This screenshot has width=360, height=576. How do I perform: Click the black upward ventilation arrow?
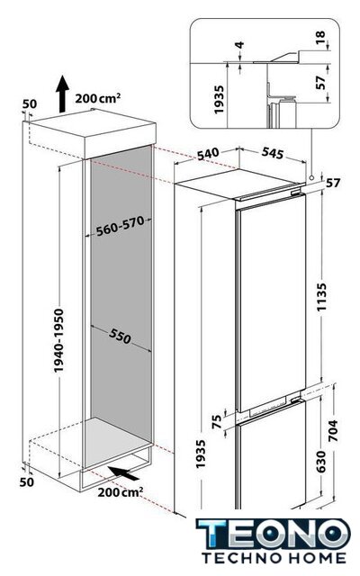(62, 94)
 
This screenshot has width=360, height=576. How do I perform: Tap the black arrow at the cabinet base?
(124, 472)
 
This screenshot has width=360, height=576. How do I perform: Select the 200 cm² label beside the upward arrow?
(98, 98)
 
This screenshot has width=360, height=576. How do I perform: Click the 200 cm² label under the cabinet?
(121, 492)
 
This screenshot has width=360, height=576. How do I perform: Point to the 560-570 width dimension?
(120, 226)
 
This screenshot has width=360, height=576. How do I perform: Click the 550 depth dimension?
(120, 336)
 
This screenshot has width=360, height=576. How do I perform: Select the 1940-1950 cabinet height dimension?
(58, 340)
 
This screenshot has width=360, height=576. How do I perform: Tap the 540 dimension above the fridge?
(208, 154)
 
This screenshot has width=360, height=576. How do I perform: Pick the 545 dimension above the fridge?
(273, 153)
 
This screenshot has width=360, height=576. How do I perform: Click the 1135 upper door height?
(322, 297)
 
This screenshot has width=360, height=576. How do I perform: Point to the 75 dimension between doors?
(218, 421)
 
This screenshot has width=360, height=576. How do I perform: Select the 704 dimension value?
(332, 430)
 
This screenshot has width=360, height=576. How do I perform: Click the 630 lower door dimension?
(320, 462)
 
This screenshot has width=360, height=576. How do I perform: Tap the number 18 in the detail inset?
(320, 37)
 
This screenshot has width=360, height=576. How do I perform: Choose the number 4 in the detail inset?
(239, 45)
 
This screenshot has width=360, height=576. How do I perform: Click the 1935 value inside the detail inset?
(219, 100)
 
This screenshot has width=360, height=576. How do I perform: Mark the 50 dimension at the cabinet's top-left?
(30, 104)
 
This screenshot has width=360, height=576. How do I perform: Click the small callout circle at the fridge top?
(311, 178)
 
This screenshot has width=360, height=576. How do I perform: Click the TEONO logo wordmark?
(274, 535)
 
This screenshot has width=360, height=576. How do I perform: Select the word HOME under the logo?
(316, 558)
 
